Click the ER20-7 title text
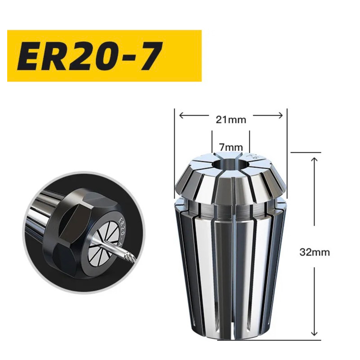(x=90, y=56)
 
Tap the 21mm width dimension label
(x=231, y=120)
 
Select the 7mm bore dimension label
(x=231, y=147)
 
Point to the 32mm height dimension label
(x=315, y=252)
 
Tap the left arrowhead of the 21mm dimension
(x=181, y=115)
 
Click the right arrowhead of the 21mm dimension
(x=280, y=115)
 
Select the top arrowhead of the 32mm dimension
(x=314, y=160)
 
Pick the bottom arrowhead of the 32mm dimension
(x=314, y=333)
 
